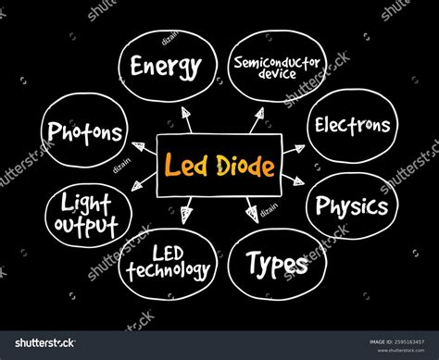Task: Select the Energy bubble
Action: (x=167, y=66)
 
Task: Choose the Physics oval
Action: (x=352, y=205)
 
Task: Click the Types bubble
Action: (x=277, y=265)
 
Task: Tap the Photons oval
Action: (x=84, y=132)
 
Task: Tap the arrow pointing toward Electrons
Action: (x=292, y=148)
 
